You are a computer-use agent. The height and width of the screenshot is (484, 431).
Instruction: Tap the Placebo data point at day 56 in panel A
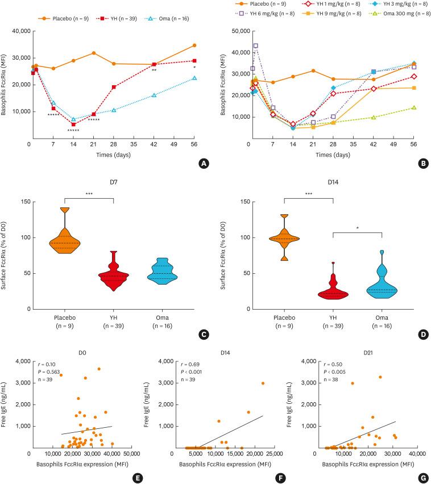click(194, 45)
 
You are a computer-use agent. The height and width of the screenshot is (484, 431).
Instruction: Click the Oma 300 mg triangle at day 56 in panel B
click(413, 107)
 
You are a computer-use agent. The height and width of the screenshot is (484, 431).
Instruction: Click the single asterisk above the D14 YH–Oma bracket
click(357, 228)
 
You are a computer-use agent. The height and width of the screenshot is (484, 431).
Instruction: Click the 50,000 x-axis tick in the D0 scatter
click(132, 454)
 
